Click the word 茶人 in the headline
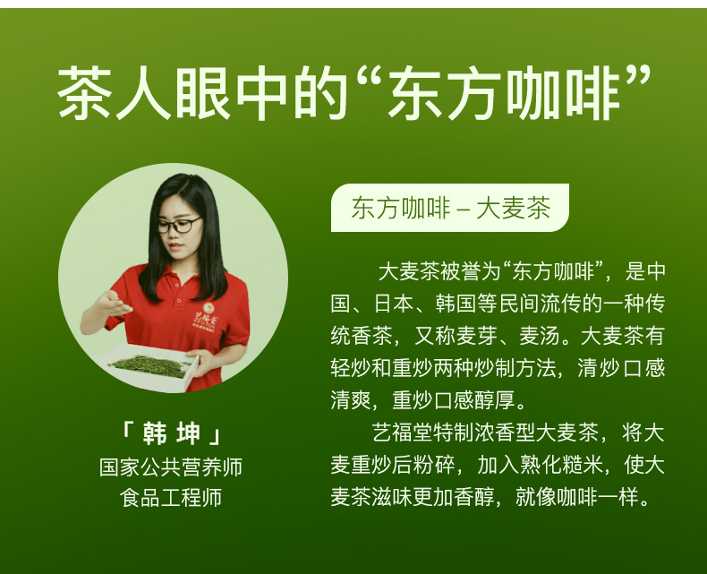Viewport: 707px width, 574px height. pyautogui.click(x=115, y=94)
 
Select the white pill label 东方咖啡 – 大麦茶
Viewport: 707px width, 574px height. pyautogui.click(x=450, y=208)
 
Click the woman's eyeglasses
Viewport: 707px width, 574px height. pyautogui.click(x=179, y=225)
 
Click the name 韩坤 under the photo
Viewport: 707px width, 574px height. pyautogui.click(x=171, y=433)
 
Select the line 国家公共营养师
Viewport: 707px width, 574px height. pyautogui.click(x=171, y=467)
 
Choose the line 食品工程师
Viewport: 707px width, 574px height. pyautogui.click(x=171, y=498)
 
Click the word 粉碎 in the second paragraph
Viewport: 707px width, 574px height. pyautogui.click(x=434, y=465)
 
